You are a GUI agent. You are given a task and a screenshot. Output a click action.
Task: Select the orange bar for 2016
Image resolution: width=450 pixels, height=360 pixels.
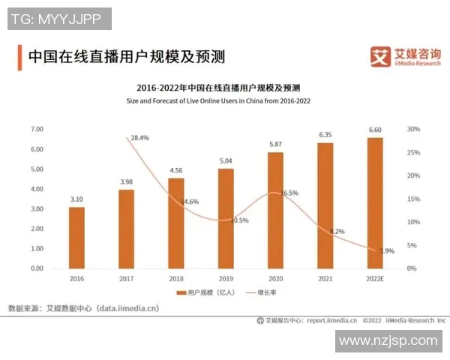[x=76, y=237]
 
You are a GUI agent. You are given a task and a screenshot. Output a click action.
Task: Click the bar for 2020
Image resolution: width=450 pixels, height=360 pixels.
[x=275, y=210]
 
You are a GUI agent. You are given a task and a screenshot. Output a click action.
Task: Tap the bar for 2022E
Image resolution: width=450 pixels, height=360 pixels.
[x=374, y=202]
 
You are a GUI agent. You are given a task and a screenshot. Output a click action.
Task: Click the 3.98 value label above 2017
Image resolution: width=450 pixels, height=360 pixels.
[x=126, y=181]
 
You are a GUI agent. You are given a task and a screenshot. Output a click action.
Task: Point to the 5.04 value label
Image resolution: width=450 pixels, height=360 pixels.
[x=226, y=160]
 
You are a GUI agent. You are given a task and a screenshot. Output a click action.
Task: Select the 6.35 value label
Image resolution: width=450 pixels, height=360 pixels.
[x=325, y=135]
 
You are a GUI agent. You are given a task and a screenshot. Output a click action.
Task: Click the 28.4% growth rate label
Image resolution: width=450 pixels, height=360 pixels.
[x=139, y=138]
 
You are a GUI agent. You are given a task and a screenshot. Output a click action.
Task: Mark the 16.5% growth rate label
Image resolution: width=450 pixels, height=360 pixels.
[x=289, y=193]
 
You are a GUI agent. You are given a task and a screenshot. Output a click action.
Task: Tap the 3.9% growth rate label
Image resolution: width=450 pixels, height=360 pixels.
[x=385, y=250]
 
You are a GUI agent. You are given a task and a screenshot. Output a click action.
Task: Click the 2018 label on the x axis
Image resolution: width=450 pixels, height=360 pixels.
[x=175, y=278]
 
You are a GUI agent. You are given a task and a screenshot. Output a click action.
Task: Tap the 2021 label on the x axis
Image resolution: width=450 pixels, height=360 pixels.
[x=325, y=278]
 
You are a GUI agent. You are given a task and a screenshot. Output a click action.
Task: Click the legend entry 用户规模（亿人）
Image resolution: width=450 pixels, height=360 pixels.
[x=205, y=292]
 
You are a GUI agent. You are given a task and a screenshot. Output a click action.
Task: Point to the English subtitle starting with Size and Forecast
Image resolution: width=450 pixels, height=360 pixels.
[x=223, y=100]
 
